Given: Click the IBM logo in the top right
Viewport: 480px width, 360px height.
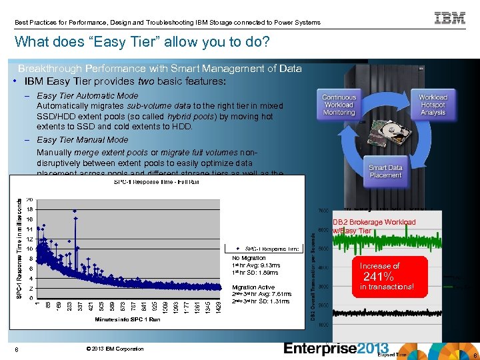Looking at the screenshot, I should pos(450,18).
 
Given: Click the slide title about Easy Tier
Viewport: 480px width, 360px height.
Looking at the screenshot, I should pos(142,43).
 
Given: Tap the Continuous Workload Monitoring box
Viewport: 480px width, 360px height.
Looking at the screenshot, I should pos(339,105).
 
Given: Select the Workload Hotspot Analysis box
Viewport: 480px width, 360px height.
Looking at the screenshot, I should pos(433,105).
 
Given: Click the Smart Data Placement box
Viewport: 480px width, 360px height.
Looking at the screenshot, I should pos(385,171).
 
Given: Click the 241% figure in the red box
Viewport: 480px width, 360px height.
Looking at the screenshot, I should pos(378,277).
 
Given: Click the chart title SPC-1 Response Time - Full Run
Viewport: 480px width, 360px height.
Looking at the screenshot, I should pos(156,181).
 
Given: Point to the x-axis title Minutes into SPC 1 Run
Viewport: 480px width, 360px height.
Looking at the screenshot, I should pos(127,319).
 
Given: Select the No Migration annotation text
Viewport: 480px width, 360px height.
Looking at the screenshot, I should pos(249,258).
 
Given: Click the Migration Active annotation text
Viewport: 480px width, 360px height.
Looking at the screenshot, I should pos(253,287).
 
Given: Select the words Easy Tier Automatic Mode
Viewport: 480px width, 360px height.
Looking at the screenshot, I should pos(87,96).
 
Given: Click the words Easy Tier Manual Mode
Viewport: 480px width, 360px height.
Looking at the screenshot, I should pos(83,140).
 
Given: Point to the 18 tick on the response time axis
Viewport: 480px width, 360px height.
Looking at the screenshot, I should pos(30,209).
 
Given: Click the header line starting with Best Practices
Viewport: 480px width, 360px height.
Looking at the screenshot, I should pos(167,22).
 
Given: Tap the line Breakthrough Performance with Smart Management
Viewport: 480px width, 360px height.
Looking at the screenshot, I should pos(160,69).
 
